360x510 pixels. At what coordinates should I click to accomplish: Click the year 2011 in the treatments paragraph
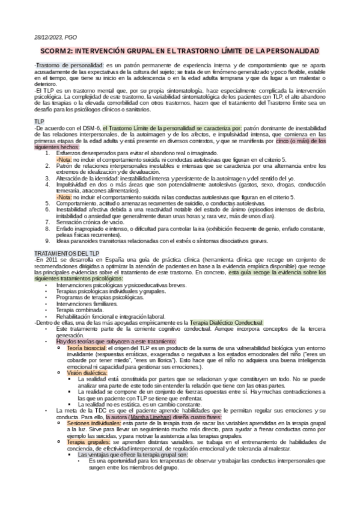50,241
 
